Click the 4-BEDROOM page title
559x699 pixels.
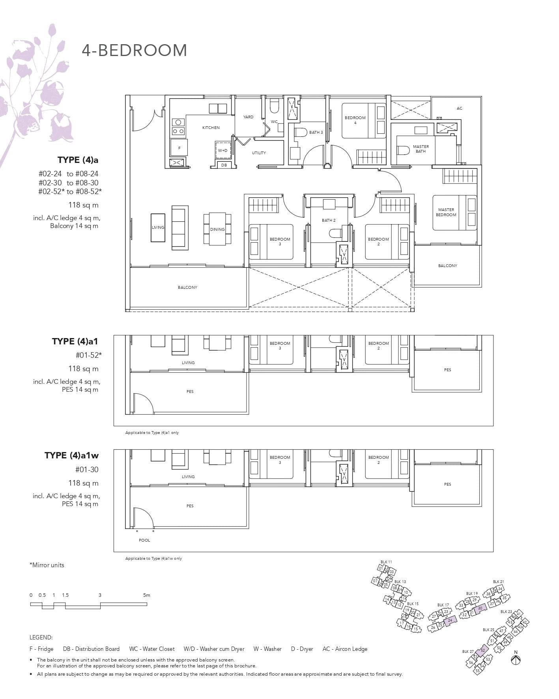click(x=134, y=50)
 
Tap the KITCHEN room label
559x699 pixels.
click(x=211, y=128)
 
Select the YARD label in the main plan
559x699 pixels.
click(x=248, y=117)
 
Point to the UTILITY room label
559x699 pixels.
click(x=259, y=153)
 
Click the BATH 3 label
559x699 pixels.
click(x=316, y=133)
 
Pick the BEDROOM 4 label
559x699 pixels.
click(x=355, y=120)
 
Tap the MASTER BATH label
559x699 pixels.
click(x=421, y=149)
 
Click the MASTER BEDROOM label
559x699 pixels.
click(x=446, y=212)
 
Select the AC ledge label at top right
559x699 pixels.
click(x=459, y=108)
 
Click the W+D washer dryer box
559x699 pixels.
click(x=222, y=150)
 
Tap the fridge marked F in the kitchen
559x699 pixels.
click(x=179, y=148)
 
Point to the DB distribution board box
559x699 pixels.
click(x=224, y=165)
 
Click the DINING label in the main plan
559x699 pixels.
click(x=217, y=229)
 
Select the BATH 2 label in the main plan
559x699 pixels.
click(x=329, y=221)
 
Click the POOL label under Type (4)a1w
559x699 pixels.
click(x=144, y=540)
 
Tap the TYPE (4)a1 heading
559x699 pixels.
click(x=75, y=341)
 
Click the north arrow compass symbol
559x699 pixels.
click(x=515, y=660)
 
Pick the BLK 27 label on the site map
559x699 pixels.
click(x=468, y=651)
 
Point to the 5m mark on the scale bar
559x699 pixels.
click(x=147, y=595)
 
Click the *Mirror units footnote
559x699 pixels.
click(x=47, y=565)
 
